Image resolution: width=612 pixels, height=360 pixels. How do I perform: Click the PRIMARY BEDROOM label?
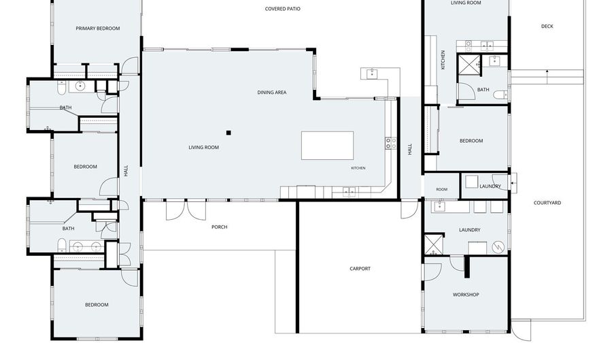click(97, 29)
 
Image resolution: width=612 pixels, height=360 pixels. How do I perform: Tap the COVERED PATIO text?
click(283, 9)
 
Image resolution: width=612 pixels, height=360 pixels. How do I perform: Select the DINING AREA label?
click(272, 93)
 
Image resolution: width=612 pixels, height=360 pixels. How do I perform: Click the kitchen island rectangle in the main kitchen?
click(328, 145)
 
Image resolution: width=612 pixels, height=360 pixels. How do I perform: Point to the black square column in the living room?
click(228, 133)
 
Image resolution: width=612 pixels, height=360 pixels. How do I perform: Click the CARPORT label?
click(360, 269)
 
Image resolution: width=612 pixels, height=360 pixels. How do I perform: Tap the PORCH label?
click(220, 227)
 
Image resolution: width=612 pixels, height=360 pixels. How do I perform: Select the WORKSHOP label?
click(466, 295)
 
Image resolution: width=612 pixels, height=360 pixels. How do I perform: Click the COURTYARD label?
click(547, 203)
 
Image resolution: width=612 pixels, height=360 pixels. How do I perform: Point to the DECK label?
click(547, 27)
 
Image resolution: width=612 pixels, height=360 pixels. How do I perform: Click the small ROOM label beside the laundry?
click(442, 189)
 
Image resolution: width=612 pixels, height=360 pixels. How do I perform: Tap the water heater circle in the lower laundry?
click(498, 247)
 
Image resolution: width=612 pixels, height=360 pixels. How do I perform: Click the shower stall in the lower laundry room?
click(434, 244)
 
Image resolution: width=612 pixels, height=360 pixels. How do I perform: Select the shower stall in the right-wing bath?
click(469, 65)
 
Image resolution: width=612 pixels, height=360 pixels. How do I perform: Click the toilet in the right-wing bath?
click(500, 95)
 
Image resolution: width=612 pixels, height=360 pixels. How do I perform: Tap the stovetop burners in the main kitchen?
click(391, 144)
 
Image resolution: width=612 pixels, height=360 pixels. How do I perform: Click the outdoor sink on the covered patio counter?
click(373, 73)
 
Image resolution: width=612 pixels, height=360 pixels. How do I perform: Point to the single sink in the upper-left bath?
click(81, 86)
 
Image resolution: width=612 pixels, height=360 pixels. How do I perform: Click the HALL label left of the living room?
click(126, 171)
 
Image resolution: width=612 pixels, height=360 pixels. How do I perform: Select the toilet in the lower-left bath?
click(62, 246)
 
